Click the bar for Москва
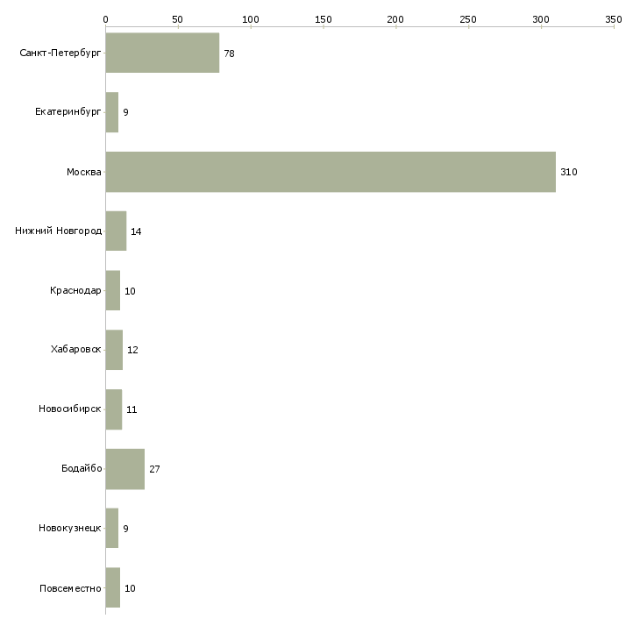click(330, 172)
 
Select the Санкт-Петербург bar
click(162, 53)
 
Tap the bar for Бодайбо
click(124, 469)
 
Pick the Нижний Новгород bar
click(116, 231)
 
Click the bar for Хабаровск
click(114, 350)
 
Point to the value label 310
click(568, 173)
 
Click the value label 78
click(229, 54)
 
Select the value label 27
click(154, 470)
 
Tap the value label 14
click(136, 232)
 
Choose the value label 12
click(132, 351)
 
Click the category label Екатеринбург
click(68, 113)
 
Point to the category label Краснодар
click(75, 291)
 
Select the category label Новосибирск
click(70, 409)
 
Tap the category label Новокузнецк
click(70, 529)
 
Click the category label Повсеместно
click(70, 588)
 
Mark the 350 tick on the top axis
click(614, 18)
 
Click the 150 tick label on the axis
click(323, 18)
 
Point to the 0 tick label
click(105, 18)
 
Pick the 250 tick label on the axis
click(468, 18)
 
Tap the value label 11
click(132, 410)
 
